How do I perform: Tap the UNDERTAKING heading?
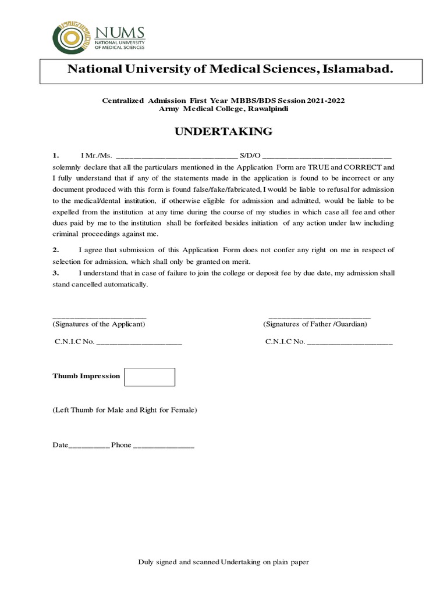point(223,131)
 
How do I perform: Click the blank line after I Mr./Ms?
point(177,156)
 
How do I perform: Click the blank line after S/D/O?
point(328,156)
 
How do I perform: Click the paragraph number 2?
point(56,250)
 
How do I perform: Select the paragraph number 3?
point(56,273)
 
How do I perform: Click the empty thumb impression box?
point(150,377)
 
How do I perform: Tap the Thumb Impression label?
point(86,376)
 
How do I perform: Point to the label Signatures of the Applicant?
point(99,324)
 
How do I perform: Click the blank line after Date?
point(89,446)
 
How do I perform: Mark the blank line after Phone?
point(164,446)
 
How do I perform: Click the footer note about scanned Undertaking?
point(223,562)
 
